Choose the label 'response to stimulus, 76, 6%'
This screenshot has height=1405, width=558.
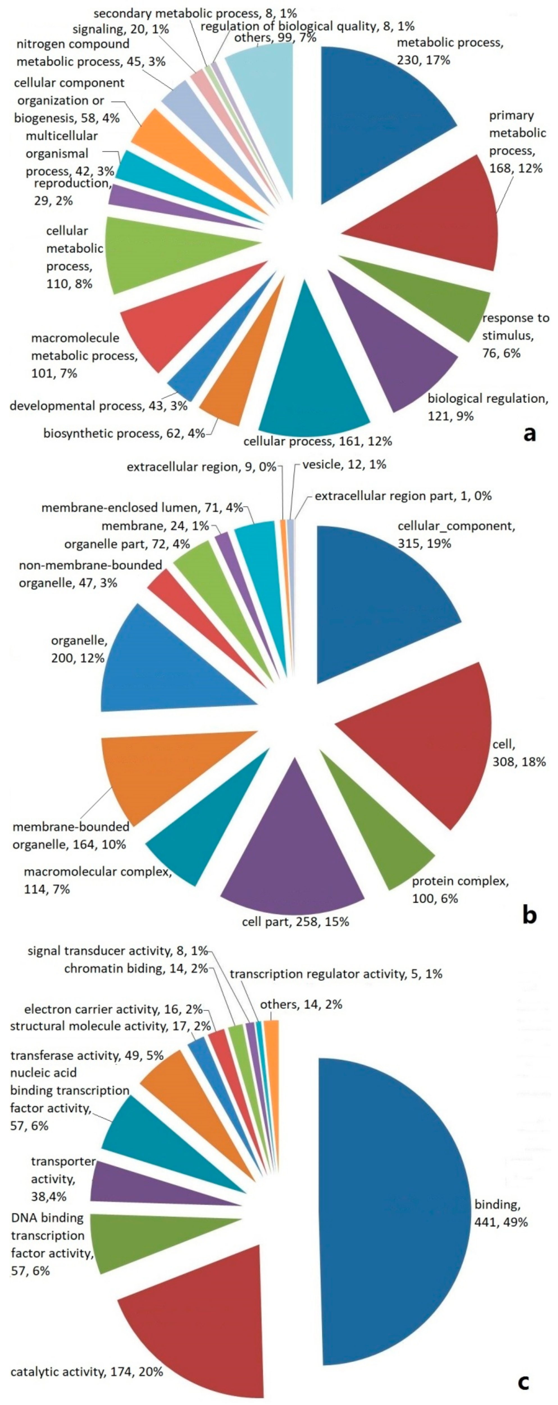515,335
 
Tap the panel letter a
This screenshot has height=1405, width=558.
529,434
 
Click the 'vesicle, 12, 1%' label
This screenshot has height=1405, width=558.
344,465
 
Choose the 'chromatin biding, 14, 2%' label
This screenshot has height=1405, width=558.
136,969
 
